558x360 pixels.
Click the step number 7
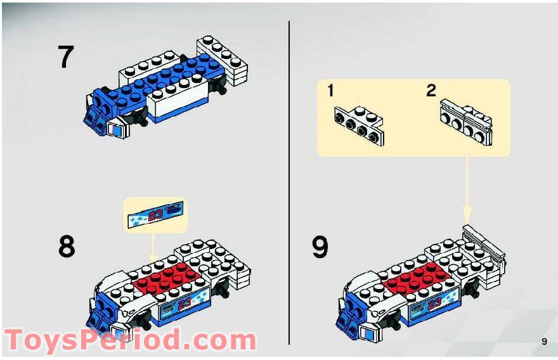[x=66, y=57]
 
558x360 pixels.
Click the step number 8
[x=66, y=246]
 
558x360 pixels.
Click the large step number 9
[x=320, y=246]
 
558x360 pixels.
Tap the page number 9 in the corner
[x=544, y=342]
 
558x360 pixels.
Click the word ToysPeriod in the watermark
[x=82, y=340]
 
